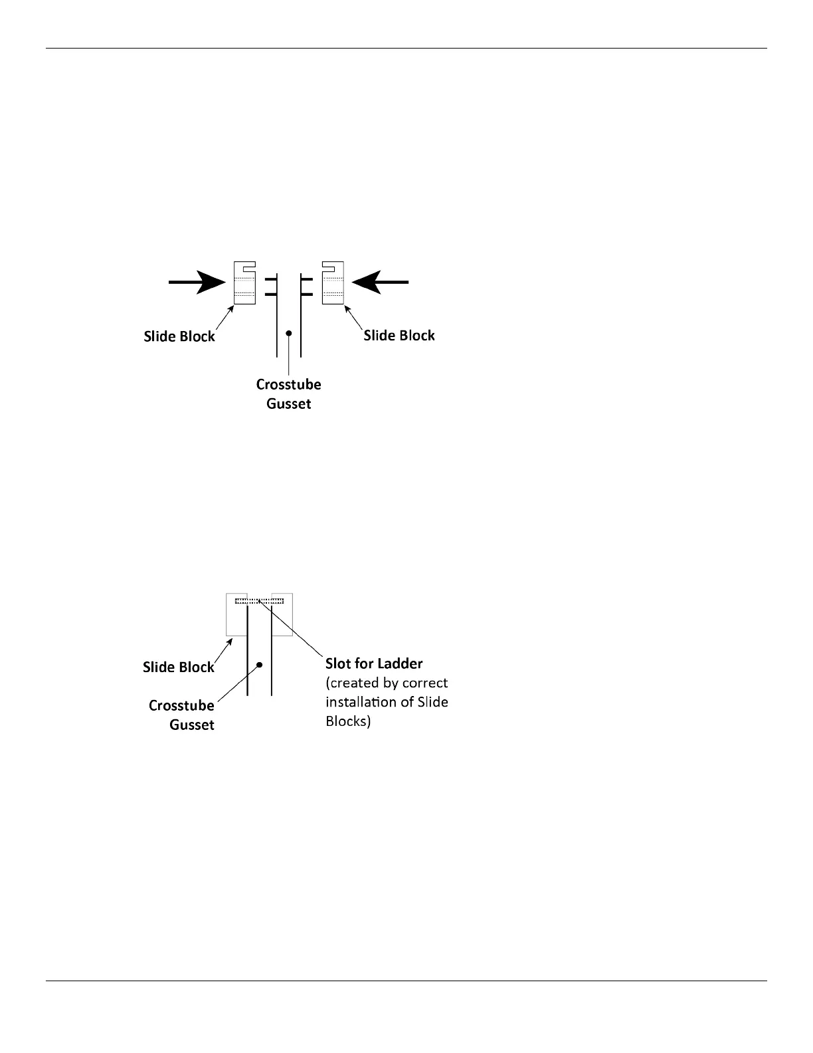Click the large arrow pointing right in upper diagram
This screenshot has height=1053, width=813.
[x=197, y=283]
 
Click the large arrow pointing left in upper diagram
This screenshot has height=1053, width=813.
[x=381, y=283]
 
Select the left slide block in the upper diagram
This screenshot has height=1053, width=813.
[x=244, y=283]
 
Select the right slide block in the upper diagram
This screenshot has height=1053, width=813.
[x=333, y=283]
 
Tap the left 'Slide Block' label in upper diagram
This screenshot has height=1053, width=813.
[x=179, y=336]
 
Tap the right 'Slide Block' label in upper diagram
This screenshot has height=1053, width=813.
[x=399, y=336]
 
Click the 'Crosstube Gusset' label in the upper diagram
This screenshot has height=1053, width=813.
[x=289, y=394]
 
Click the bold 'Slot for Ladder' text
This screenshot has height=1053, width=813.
[x=374, y=663]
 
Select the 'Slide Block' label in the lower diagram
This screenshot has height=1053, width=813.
[x=179, y=667]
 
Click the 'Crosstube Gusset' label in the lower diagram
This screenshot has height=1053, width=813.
[x=182, y=715]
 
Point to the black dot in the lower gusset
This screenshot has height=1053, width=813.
[x=260, y=664]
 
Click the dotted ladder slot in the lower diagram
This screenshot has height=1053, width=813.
[x=260, y=601]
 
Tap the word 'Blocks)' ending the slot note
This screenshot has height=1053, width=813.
[x=348, y=721]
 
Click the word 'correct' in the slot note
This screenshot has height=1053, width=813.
[x=425, y=683]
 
